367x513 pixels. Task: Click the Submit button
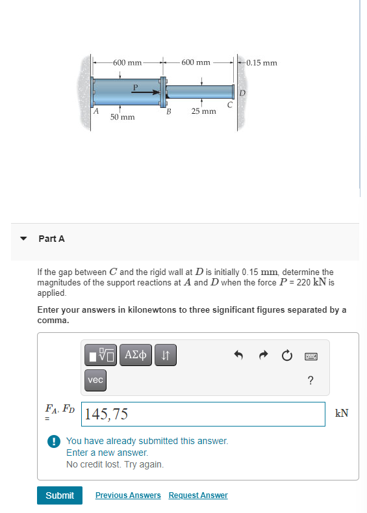pyautogui.click(x=60, y=495)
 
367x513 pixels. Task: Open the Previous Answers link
pyautogui.click(x=128, y=495)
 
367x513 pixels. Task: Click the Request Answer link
pyautogui.click(x=198, y=495)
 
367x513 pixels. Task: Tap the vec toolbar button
pyautogui.click(x=95, y=380)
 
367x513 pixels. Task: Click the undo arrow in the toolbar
pyautogui.click(x=238, y=355)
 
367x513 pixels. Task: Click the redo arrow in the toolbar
pyautogui.click(x=262, y=355)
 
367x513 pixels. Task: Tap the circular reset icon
pyautogui.click(x=286, y=355)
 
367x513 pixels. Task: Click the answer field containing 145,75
pyautogui.click(x=204, y=414)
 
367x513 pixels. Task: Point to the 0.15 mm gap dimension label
pyautogui.click(x=262, y=63)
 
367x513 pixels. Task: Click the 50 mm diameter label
pyautogui.click(x=122, y=117)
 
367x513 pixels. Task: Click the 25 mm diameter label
pyautogui.click(x=203, y=112)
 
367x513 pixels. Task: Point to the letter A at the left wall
pyautogui.click(x=95, y=111)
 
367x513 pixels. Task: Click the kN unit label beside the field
pyautogui.click(x=342, y=414)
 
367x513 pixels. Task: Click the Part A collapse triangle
pyautogui.click(x=24, y=239)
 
